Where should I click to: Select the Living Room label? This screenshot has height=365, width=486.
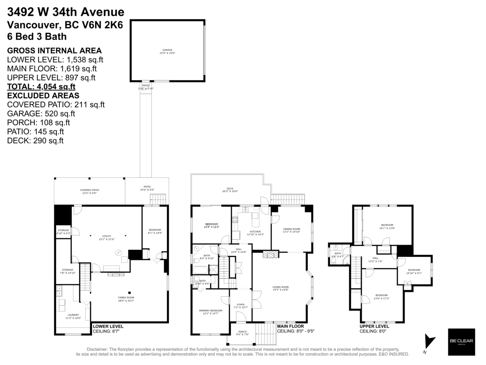click(280, 288)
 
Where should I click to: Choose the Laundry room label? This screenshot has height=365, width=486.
click(73, 316)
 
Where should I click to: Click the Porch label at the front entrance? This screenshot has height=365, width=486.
click(242, 333)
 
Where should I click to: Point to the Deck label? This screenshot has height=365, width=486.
click(230, 190)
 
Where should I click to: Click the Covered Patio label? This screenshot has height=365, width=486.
click(89, 191)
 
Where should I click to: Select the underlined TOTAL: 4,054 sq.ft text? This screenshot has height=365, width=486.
click(41, 86)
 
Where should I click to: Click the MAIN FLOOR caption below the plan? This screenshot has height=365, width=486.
click(290, 326)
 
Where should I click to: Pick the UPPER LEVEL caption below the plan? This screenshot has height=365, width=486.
click(374, 326)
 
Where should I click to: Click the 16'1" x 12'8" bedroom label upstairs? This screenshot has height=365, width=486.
click(387, 226)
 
